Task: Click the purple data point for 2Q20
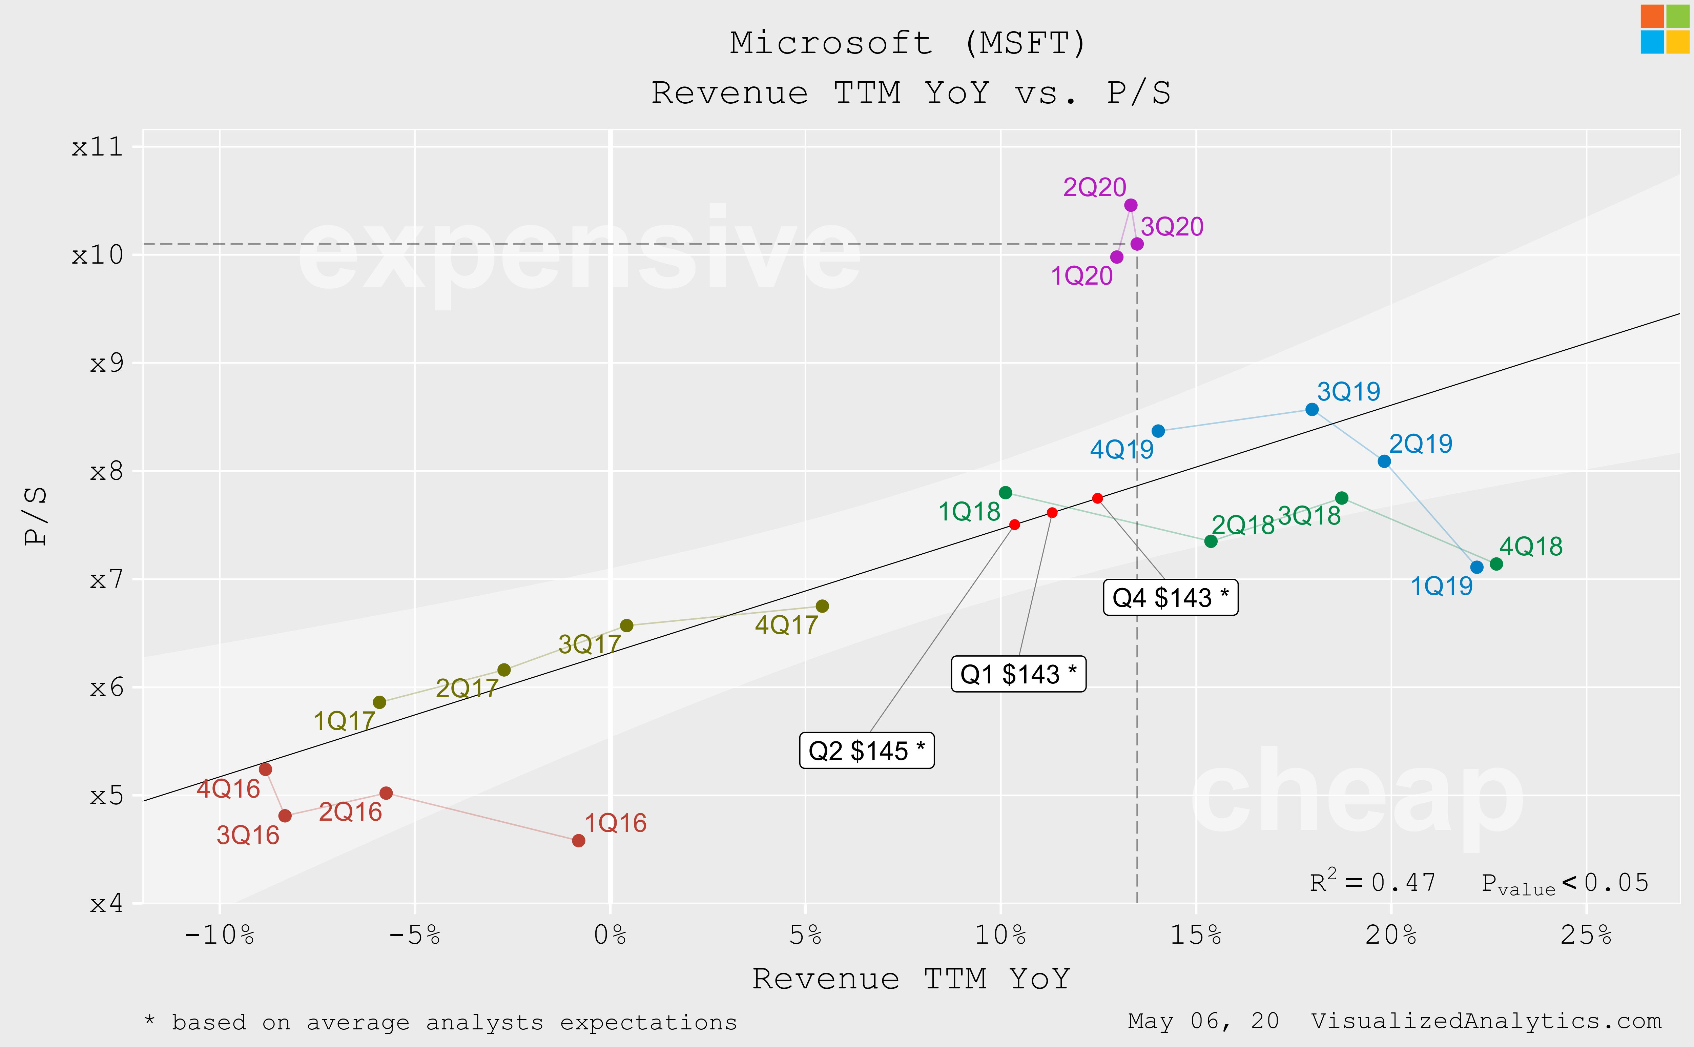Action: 1131,205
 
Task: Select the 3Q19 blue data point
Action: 1311,409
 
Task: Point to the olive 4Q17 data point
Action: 822,606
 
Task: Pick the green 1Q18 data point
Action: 1005,492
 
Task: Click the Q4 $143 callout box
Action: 1170,597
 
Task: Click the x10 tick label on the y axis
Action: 98,255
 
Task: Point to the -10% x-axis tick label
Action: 220,936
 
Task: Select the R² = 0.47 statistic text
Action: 1372,882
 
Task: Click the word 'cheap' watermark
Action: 1357,796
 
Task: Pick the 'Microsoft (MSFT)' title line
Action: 908,43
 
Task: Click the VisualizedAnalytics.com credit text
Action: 1486,1021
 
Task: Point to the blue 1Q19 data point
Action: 1476,567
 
